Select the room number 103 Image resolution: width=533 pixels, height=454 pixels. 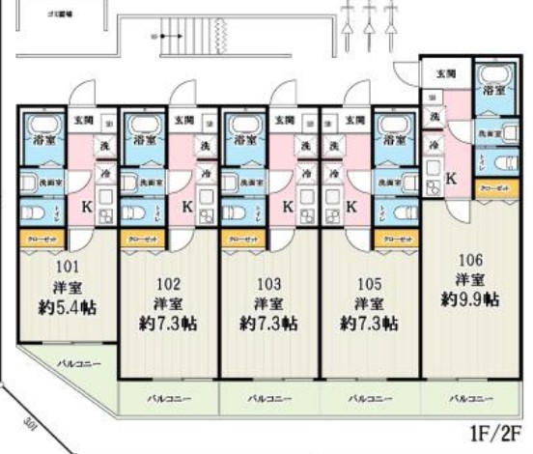tap(268, 284)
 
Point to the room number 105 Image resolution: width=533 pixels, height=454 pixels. tap(368, 284)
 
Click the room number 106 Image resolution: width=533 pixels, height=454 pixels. tap(469, 259)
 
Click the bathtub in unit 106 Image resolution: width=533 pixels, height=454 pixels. tap(493, 82)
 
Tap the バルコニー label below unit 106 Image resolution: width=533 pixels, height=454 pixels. tap(471, 397)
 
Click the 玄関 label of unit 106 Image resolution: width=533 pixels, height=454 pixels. tap(445, 73)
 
